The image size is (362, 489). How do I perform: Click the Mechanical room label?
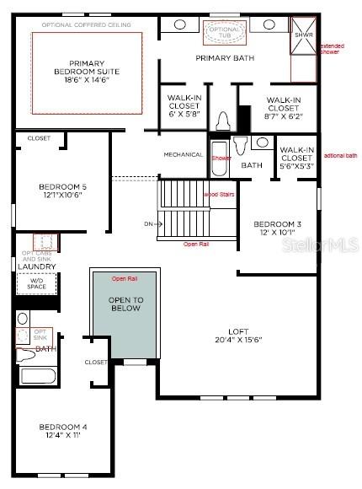pyautogui.click(x=184, y=154)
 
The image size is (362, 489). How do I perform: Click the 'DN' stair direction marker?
pyautogui.click(x=149, y=224)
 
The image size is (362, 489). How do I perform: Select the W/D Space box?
pyautogui.click(x=35, y=283)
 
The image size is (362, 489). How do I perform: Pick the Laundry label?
pyautogui.click(x=37, y=266)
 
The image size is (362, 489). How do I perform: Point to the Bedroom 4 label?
pyautogui.click(x=62, y=432)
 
